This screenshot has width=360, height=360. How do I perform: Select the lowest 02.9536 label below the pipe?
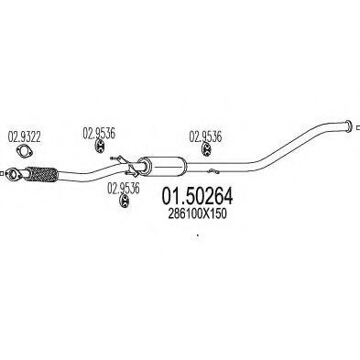pos(123,190)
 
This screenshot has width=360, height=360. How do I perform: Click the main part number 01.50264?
pos(198,196)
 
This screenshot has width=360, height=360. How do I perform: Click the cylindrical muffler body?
pos(161,166)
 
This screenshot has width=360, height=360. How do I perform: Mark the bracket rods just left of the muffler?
pos(121,164)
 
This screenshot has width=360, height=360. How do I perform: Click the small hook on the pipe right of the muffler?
pos(212,169)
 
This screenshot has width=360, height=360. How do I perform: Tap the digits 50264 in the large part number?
pos(209,196)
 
